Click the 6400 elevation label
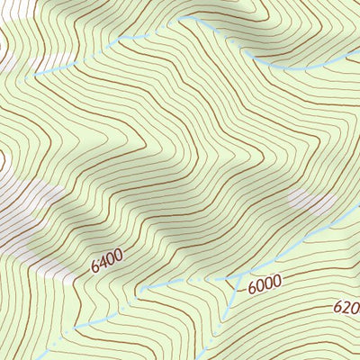click(x=106, y=261)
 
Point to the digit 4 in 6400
click(x=103, y=263)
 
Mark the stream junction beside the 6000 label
click(x=239, y=277)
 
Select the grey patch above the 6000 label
click(x=307, y=202)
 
